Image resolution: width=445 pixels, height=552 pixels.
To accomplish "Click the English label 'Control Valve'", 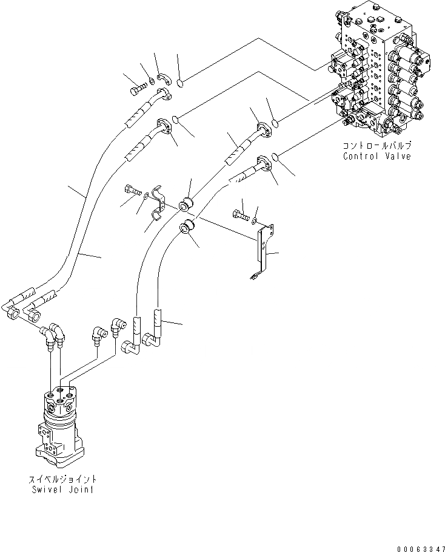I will click(x=376, y=156).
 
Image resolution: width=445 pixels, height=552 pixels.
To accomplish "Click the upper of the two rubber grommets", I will click(x=187, y=202).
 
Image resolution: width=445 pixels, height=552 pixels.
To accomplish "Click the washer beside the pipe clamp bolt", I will click(x=146, y=194).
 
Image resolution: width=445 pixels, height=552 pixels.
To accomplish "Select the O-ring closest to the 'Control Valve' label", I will click(x=275, y=157).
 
